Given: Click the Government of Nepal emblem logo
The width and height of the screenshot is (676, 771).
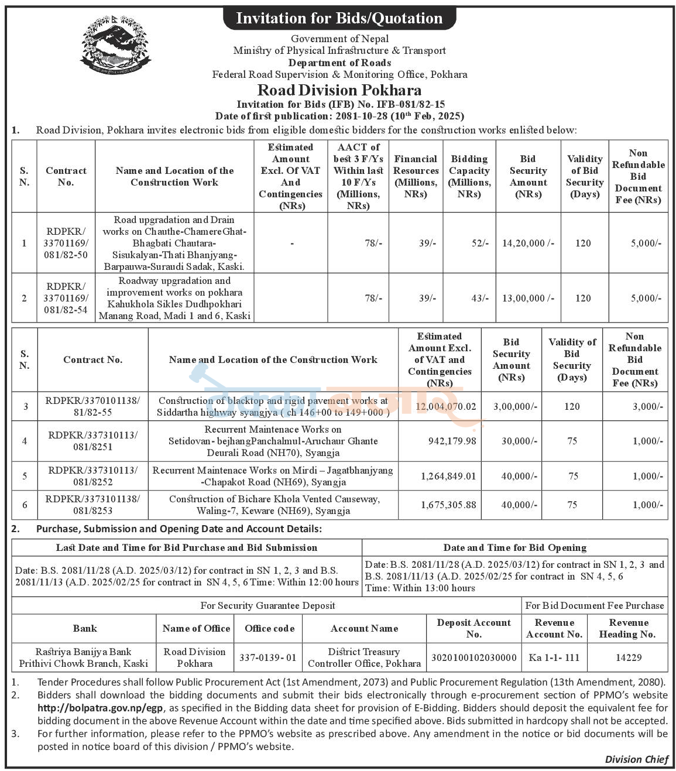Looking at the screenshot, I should pyautogui.click(x=115, y=46).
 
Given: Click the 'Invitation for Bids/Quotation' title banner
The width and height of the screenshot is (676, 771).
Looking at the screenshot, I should pyautogui.click(x=339, y=18).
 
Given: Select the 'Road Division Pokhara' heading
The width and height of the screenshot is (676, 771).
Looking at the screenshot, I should pyautogui.click(x=339, y=90).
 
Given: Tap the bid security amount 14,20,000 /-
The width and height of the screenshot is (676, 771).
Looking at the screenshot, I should pyautogui.click(x=528, y=243).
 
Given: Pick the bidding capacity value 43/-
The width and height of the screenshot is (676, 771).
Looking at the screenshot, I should pyautogui.click(x=480, y=298).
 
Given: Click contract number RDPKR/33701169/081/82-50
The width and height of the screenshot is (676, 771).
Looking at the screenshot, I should pyautogui.click(x=66, y=243).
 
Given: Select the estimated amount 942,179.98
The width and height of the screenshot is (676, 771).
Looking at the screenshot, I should pyautogui.click(x=452, y=441).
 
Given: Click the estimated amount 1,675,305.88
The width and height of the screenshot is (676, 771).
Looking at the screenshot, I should pyautogui.click(x=448, y=505).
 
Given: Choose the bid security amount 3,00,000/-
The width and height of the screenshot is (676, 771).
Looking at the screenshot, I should pyautogui.click(x=514, y=406).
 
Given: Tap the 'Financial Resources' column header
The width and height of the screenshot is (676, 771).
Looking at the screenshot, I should pyautogui.click(x=416, y=176).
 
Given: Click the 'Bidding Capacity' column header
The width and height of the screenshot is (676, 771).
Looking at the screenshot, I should pyautogui.click(x=469, y=176).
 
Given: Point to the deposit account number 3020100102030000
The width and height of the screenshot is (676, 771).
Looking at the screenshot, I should pyautogui.click(x=473, y=657).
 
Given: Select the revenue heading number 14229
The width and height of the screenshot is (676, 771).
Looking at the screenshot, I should pyautogui.click(x=629, y=657).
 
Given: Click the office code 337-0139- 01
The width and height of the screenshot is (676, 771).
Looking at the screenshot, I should pyautogui.click(x=267, y=657).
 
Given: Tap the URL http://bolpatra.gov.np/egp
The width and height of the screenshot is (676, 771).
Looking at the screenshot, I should pyautogui.click(x=100, y=708).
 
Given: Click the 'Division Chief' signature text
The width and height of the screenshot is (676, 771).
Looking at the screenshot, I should pyautogui.click(x=636, y=759).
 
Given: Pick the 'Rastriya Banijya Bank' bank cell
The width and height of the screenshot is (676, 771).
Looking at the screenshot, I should pyautogui.click(x=83, y=657).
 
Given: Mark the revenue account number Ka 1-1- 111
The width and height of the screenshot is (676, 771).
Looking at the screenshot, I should pyautogui.click(x=554, y=657).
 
